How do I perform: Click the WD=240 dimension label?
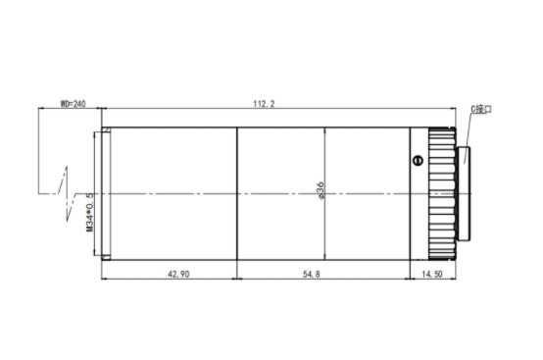coord(74,104)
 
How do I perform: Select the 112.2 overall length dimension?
coord(264,104)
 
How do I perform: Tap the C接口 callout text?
coord(481,109)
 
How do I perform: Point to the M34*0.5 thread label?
coord(90,212)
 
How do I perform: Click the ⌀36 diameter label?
coord(321,190)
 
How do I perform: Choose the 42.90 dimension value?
coord(178,274)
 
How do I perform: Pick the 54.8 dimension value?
coord(312,274)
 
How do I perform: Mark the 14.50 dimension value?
coord(432,274)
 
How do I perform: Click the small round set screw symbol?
coord(418,161)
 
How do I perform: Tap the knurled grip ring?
coord(442,193)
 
